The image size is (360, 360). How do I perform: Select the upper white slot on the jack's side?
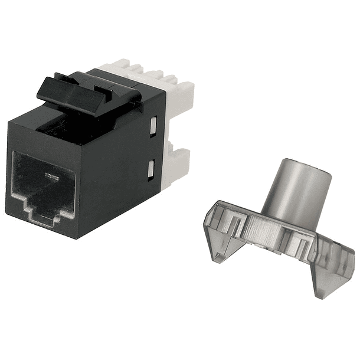[x=153, y=126]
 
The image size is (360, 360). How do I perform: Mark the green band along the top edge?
[x=180, y=27]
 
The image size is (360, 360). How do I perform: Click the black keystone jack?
[x=89, y=159]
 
